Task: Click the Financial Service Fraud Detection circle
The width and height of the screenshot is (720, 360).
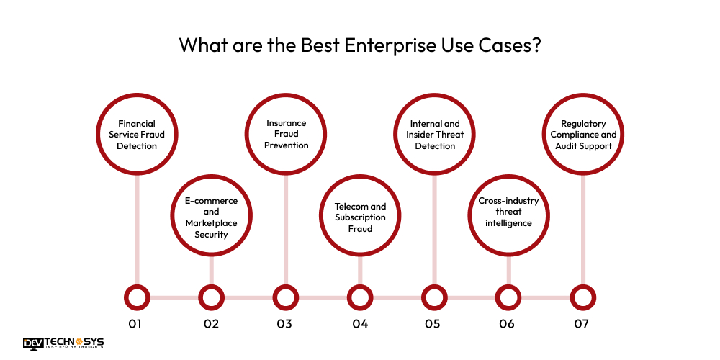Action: coord(137,135)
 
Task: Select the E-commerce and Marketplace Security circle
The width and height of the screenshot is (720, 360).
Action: coord(211,217)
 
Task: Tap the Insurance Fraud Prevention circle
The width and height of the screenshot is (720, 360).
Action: coord(286,135)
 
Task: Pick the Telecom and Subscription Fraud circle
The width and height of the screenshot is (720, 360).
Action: coord(360,217)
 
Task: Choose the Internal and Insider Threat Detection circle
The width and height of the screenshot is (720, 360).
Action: coord(435,135)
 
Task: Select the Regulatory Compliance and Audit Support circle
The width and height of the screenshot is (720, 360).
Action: coord(583,135)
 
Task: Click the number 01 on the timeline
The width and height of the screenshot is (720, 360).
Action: coord(135,324)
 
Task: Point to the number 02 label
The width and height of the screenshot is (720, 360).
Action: coord(210,324)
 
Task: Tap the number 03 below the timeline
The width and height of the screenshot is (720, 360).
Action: coord(284,324)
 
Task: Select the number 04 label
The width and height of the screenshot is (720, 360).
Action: coord(360,324)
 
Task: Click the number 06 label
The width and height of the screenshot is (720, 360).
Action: coord(507,324)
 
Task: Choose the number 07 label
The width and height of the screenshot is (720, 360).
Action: coord(582,324)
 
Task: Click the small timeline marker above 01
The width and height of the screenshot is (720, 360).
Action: coord(137,297)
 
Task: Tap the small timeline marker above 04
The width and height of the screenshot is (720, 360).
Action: coord(360,297)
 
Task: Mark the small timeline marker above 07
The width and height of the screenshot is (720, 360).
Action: coord(583,297)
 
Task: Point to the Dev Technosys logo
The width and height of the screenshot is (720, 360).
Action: coord(63,343)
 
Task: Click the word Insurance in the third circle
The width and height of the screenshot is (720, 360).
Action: coord(286,123)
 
